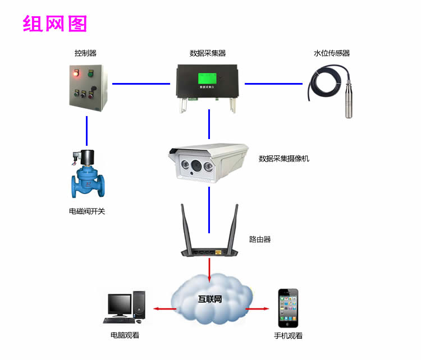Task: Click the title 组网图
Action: click(54, 24)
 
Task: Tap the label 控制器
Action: click(85, 53)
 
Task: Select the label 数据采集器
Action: click(208, 53)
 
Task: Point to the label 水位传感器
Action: click(332, 53)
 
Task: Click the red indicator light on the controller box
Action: click(76, 72)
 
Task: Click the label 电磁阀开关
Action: click(87, 212)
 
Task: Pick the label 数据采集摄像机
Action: click(284, 159)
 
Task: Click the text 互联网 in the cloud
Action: click(211, 299)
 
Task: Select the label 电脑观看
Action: click(125, 335)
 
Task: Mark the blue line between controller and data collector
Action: click(141, 84)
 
